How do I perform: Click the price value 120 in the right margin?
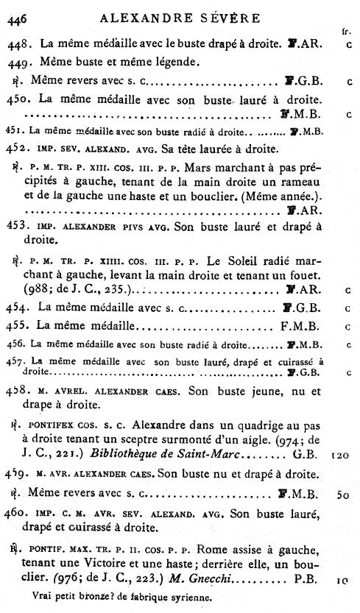pos(340,456)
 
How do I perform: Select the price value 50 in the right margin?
pos(342,494)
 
